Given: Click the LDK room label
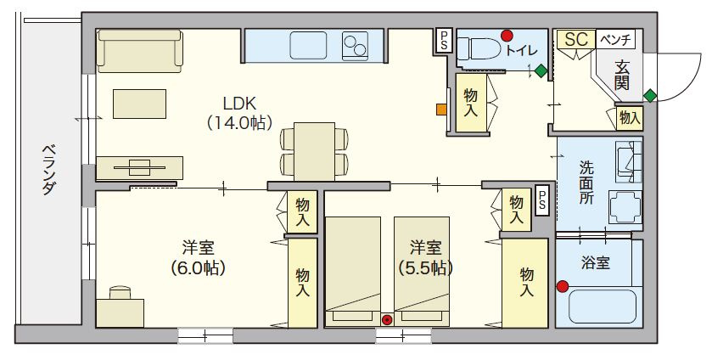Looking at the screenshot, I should coord(239,103).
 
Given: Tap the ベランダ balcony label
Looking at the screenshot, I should coord(48,170).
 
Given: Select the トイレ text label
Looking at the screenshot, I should coord(521,50).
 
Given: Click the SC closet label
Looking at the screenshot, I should coord(576,40).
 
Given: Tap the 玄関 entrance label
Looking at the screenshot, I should coord(622,74).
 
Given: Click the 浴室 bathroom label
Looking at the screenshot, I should coord(595,262).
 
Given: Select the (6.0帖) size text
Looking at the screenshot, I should coord(198,267).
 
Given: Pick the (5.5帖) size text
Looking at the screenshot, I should coord(425,267).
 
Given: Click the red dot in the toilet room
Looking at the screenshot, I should coord(507,36).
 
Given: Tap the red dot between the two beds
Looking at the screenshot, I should coord(387,320).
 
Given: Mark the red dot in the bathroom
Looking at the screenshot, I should coord(562,286).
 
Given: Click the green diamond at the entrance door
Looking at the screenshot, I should coord(650,93).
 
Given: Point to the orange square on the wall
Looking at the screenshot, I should coord(441,109).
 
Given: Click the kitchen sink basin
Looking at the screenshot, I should coord(303,43).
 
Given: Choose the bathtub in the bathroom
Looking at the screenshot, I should coord(602,307).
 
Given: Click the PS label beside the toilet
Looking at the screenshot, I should coord(445,40).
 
